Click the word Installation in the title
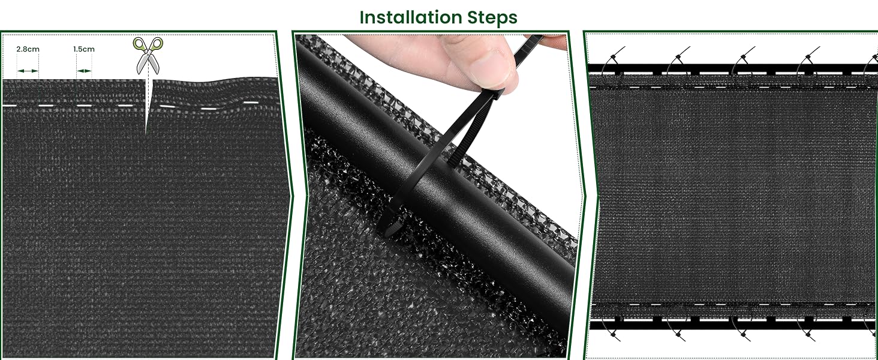coord(410,17)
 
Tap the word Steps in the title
coord(492,18)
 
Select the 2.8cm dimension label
coord(28,49)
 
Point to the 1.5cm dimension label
coord(84,49)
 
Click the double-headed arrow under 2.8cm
coord(28,71)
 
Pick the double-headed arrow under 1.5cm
coord(84,71)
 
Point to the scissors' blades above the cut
coord(148,64)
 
